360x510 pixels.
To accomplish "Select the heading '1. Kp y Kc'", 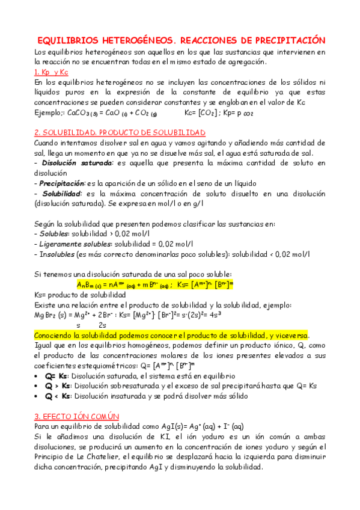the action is pyautogui.click(x=51, y=72).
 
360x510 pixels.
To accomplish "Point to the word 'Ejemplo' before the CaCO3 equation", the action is pyautogui.click(x=49, y=112).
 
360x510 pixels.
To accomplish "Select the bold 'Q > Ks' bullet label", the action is pyautogui.click(x=58, y=386).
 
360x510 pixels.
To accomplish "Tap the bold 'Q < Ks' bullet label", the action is pyautogui.click(x=58, y=396).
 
